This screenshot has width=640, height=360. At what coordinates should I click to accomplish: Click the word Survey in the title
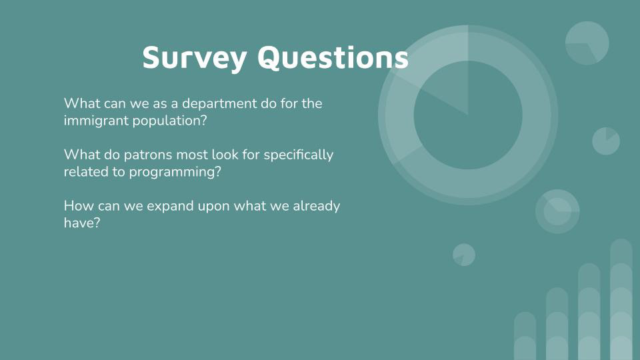(194, 57)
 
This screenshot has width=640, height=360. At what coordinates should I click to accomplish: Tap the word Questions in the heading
(333, 57)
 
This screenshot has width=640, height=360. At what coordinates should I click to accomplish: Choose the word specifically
(299, 155)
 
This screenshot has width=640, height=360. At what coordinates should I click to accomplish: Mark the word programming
(175, 172)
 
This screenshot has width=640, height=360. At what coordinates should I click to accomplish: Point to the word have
(82, 223)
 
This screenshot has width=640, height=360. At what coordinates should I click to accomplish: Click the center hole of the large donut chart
(468, 115)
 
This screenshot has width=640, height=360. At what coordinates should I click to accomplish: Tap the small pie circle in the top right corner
(587, 43)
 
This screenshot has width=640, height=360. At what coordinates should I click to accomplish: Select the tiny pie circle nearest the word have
(464, 255)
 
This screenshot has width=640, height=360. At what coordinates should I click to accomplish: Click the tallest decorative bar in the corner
(621, 299)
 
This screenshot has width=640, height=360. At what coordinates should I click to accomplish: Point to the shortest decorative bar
(525, 336)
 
